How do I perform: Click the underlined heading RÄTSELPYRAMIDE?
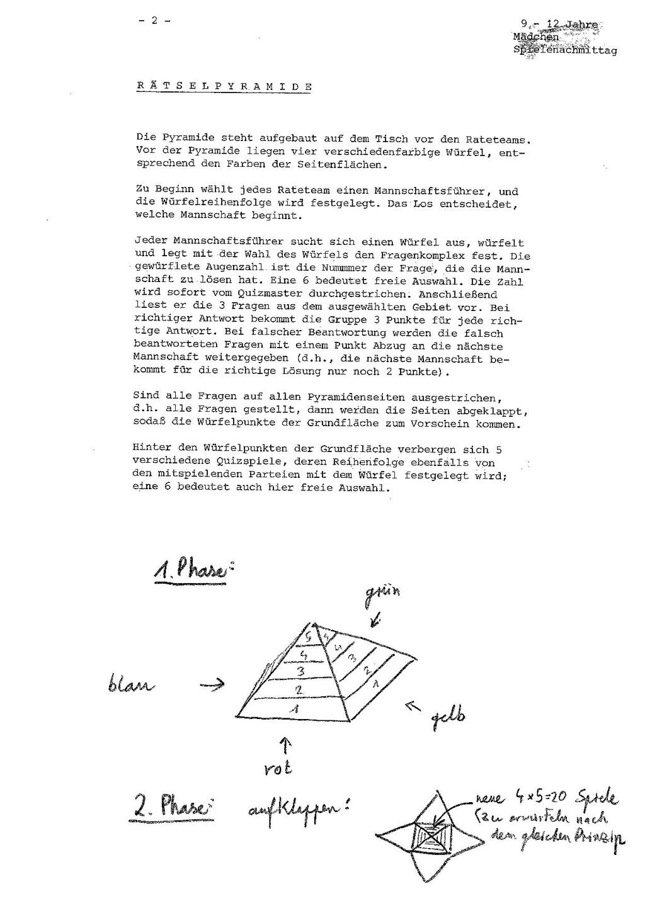[x=224, y=86]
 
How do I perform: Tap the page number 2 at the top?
[x=152, y=20]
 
